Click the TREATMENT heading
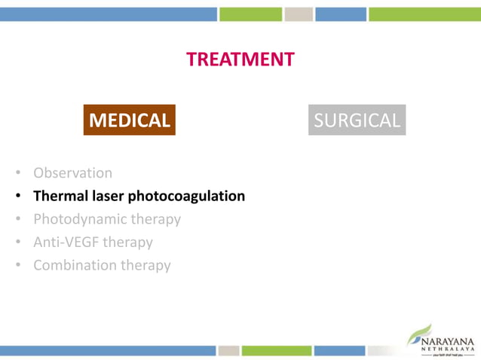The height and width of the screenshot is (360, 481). [x=240, y=59]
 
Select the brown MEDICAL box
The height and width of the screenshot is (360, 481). [x=130, y=120]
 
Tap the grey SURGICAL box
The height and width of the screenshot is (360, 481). [x=357, y=120]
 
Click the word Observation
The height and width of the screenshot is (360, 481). [x=72, y=172]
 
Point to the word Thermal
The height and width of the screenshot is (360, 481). [x=59, y=196]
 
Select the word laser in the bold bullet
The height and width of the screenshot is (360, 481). [x=105, y=196]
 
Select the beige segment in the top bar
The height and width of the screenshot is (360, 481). [x=299, y=14]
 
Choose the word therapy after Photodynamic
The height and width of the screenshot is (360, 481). [x=157, y=219]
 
